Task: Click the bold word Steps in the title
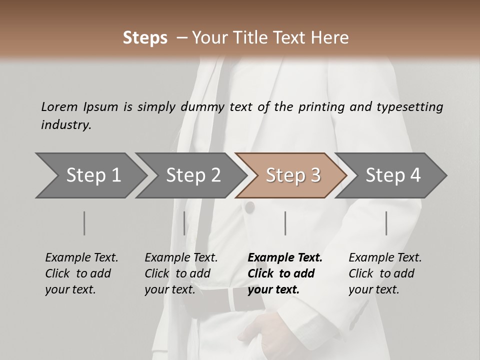tap(145, 38)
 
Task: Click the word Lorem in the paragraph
tap(59, 106)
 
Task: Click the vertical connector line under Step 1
tap(84, 223)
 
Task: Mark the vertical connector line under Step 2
tap(184, 223)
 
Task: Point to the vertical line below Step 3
tap(285, 223)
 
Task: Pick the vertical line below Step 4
tap(386, 223)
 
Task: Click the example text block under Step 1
tap(81, 273)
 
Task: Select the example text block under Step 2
tap(181, 273)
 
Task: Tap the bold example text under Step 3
tap(285, 273)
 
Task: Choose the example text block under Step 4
tap(385, 273)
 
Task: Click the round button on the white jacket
tap(249, 207)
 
